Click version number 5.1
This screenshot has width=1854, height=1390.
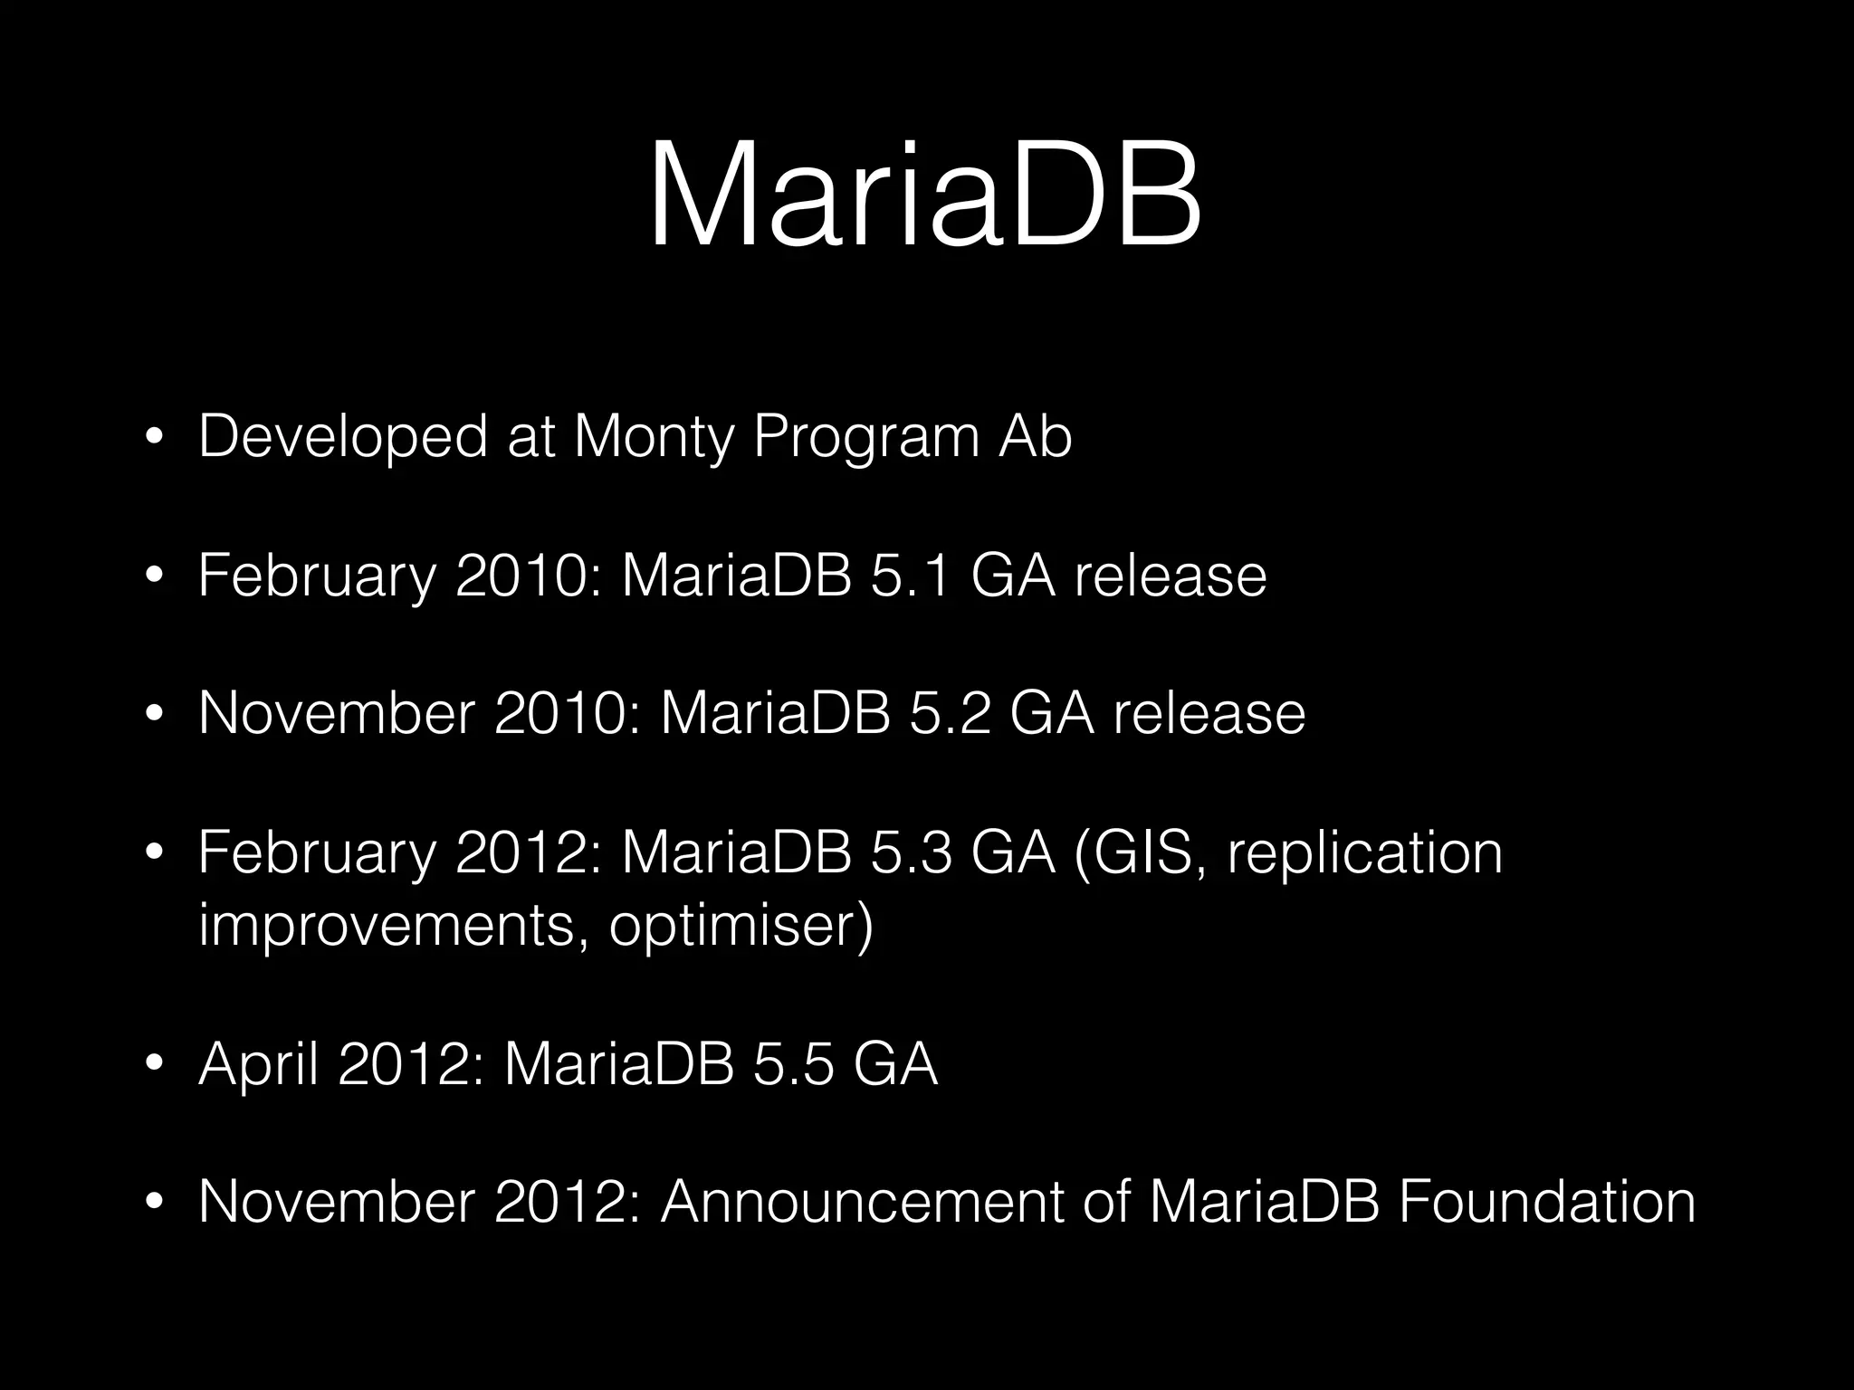click(x=911, y=576)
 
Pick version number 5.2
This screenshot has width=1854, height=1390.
click(x=950, y=713)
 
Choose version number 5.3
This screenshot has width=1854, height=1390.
click(x=911, y=852)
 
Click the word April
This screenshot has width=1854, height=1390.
click(x=258, y=1064)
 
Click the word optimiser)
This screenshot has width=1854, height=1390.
click(x=741, y=925)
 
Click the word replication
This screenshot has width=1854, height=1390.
click(x=1364, y=852)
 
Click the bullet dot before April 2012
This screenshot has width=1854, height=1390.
click(x=155, y=1065)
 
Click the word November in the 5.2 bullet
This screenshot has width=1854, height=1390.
click(x=336, y=713)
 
